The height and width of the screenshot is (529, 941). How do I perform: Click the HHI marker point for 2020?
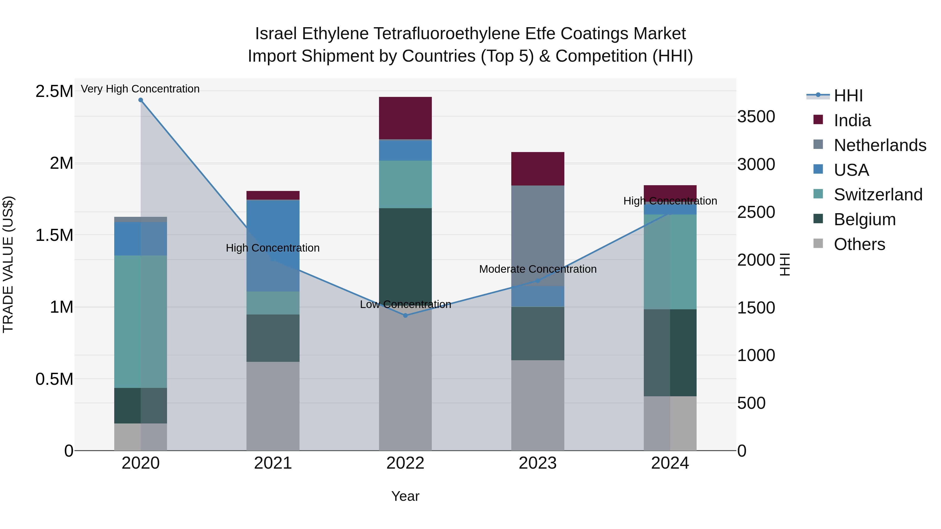tap(141, 100)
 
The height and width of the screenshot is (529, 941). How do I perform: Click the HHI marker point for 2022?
tap(405, 315)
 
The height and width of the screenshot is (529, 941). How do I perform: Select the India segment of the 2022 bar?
tap(405, 118)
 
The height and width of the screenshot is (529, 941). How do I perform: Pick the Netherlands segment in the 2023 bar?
tap(537, 235)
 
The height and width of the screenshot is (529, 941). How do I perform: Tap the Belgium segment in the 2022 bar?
tap(405, 255)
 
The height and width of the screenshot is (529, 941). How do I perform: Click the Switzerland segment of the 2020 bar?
tap(141, 321)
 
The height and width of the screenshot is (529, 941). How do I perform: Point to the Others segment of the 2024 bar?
tap(670, 423)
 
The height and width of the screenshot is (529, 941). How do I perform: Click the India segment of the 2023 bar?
tap(537, 169)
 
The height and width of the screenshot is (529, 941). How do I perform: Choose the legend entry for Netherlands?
tap(880, 145)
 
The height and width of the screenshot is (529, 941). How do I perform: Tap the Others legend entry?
tap(859, 244)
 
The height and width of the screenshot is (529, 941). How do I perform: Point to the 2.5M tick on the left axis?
tap(54, 91)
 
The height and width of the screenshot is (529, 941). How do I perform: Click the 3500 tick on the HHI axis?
tap(756, 117)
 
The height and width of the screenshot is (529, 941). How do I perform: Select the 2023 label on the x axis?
tap(537, 463)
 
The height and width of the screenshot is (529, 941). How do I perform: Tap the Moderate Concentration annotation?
tap(537, 269)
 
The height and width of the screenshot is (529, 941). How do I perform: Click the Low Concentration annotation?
tap(405, 305)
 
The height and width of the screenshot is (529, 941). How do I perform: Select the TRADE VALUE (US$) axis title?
tap(8, 264)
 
